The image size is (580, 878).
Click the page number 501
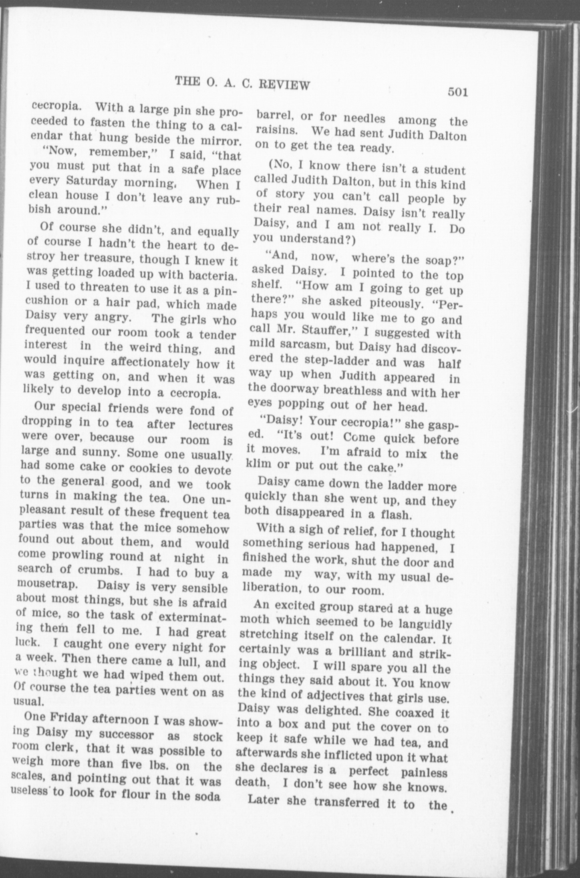point(458,92)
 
